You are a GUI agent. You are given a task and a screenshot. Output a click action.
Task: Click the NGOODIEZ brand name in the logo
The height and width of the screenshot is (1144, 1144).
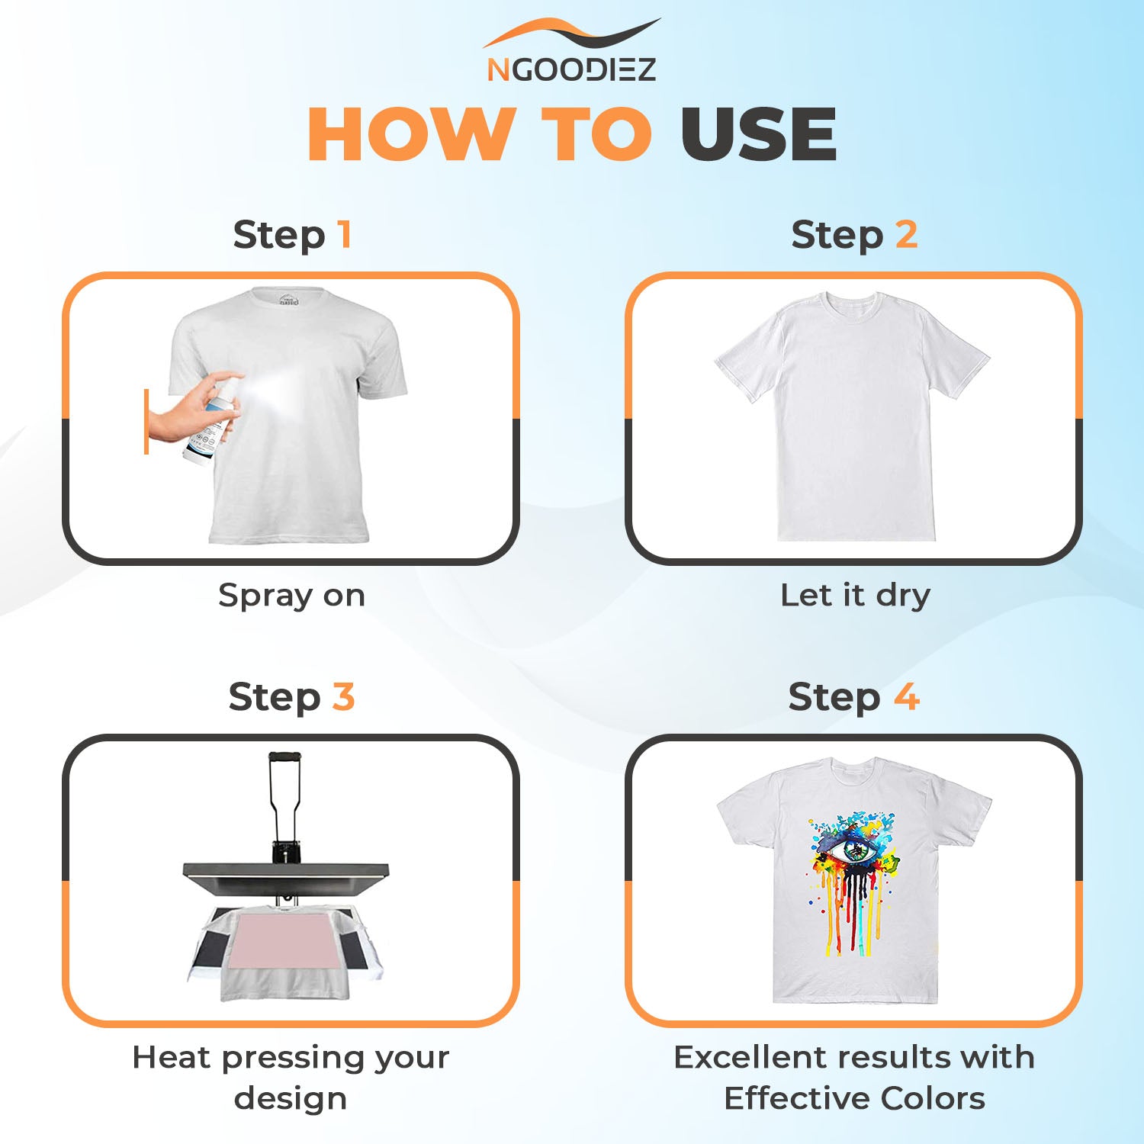[571, 69]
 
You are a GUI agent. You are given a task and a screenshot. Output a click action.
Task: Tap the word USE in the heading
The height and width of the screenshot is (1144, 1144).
[759, 134]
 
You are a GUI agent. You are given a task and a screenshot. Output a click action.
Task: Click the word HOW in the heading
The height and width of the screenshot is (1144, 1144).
[411, 134]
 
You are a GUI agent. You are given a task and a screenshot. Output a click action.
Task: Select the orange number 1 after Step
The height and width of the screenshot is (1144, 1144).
[345, 234]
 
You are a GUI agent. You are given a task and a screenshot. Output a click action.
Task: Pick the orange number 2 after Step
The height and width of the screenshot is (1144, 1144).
[906, 234]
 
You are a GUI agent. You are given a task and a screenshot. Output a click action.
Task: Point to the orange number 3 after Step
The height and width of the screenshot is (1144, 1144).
[343, 696]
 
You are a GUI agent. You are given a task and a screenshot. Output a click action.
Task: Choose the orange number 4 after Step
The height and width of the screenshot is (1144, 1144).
[907, 696]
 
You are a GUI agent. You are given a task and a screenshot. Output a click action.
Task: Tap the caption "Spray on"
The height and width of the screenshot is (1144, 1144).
[291, 596]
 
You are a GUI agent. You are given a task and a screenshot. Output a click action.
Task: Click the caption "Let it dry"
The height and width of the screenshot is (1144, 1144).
[855, 595]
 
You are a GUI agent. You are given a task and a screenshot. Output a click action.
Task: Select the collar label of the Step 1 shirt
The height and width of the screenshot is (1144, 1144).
[288, 300]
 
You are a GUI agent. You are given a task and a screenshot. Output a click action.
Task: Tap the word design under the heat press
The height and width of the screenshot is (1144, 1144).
[291, 1100]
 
